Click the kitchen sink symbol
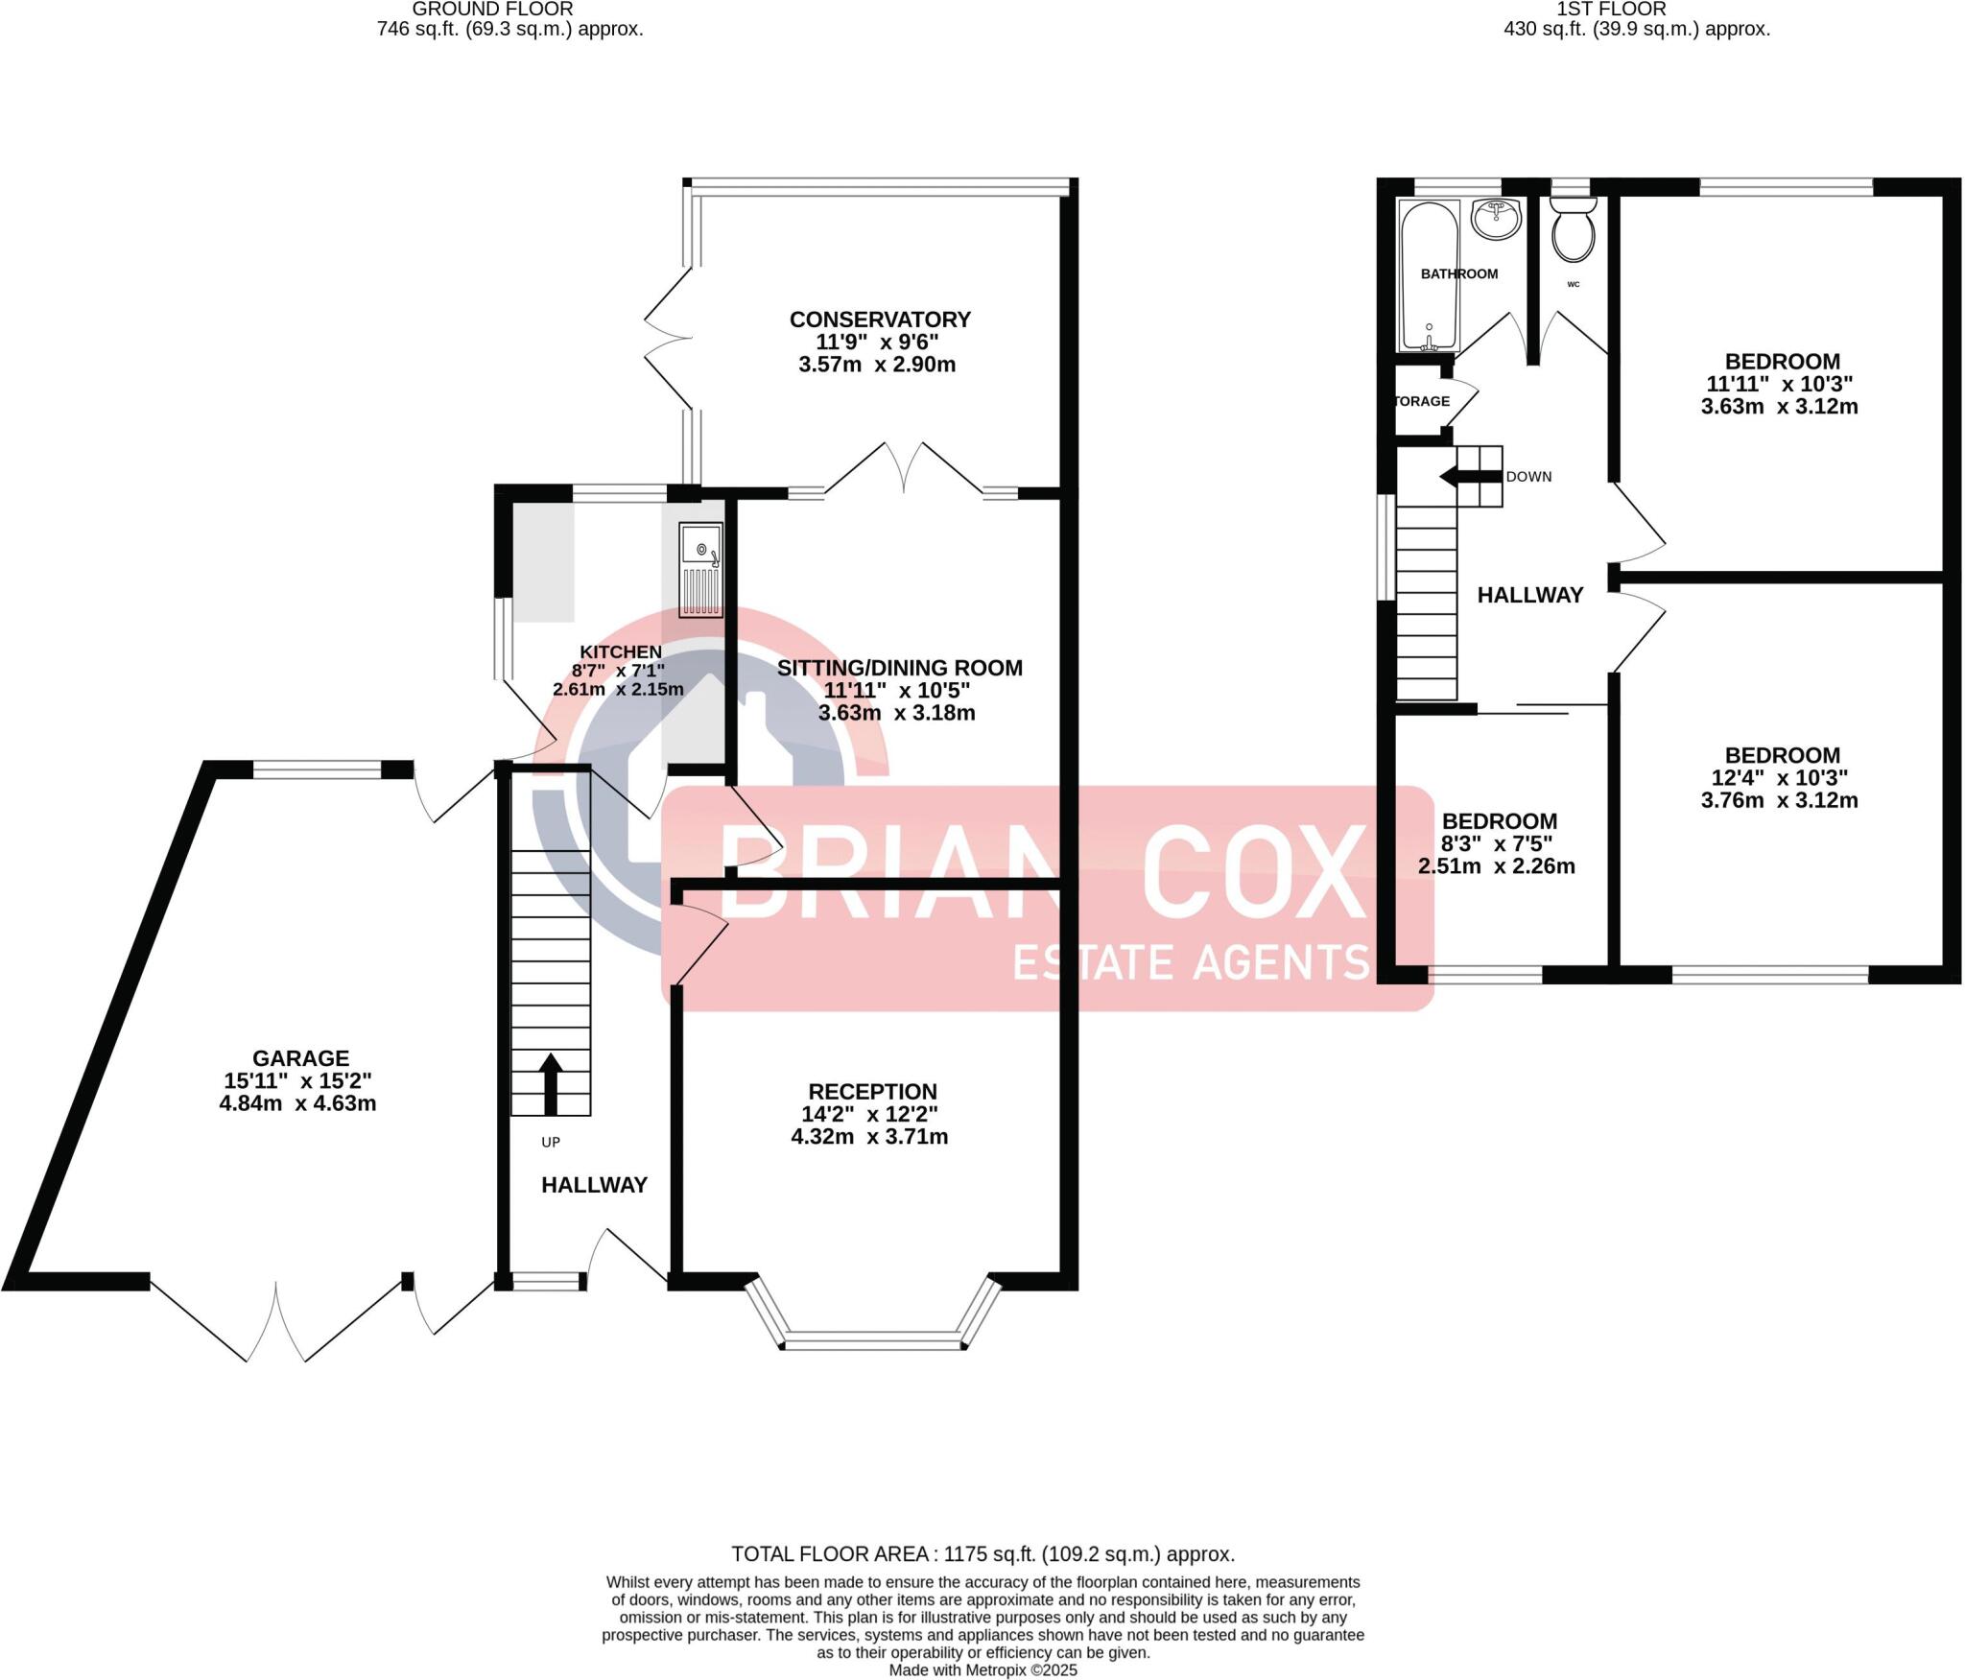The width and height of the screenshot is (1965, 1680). pyautogui.click(x=700, y=569)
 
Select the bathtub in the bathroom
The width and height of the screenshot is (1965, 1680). pyautogui.click(x=1430, y=275)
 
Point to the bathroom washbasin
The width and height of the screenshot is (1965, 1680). pyautogui.click(x=1495, y=219)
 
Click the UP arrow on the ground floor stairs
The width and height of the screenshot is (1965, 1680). pyautogui.click(x=550, y=1083)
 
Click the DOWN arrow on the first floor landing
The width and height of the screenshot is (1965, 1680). pyautogui.click(x=1458, y=476)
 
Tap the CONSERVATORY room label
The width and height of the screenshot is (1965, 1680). pyautogui.click(x=880, y=319)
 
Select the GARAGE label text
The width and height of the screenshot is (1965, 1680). pyautogui.click(x=300, y=1058)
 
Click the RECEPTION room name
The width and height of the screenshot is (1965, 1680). pyautogui.click(x=872, y=1091)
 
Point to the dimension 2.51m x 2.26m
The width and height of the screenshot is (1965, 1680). pyautogui.click(x=1497, y=866)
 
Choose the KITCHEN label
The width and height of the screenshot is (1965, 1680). pyautogui.click(x=621, y=652)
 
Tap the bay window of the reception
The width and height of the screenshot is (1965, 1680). pyautogui.click(x=873, y=1341)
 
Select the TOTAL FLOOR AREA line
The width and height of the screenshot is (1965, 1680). pyautogui.click(x=982, y=1554)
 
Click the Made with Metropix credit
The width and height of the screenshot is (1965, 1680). pyautogui.click(x=982, y=1670)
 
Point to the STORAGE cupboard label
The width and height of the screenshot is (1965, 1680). pyautogui.click(x=1422, y=401)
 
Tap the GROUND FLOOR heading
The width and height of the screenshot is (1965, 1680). pyautogui.click(x=492, y=10)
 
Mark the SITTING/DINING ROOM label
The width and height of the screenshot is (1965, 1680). pyautogui.click(x=899, y=668)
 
